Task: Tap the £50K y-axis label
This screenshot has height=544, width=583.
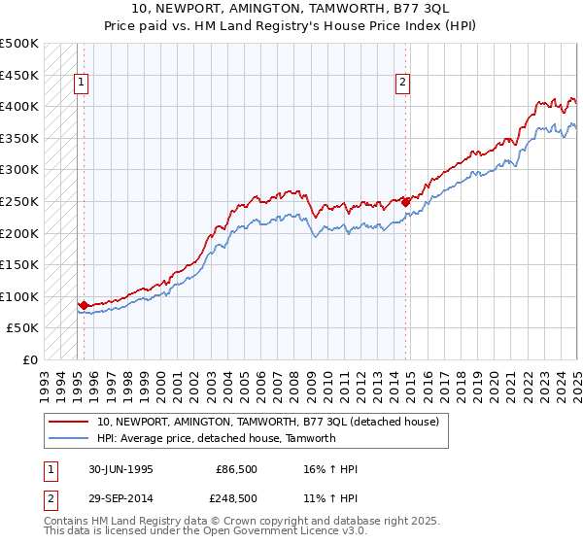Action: [23, 328]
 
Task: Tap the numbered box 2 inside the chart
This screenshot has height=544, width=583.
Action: [402, 84]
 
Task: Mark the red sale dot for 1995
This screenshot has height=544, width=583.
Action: [84, 305]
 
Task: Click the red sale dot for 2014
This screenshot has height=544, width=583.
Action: [405, 202]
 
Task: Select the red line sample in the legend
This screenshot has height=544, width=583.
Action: [70, 422]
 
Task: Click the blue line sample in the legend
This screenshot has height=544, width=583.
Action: [70, 438]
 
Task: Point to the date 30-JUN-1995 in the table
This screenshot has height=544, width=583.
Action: [120, 469]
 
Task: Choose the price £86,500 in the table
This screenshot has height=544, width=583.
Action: [233, 469]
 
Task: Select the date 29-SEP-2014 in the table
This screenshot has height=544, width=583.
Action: [120, 497]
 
